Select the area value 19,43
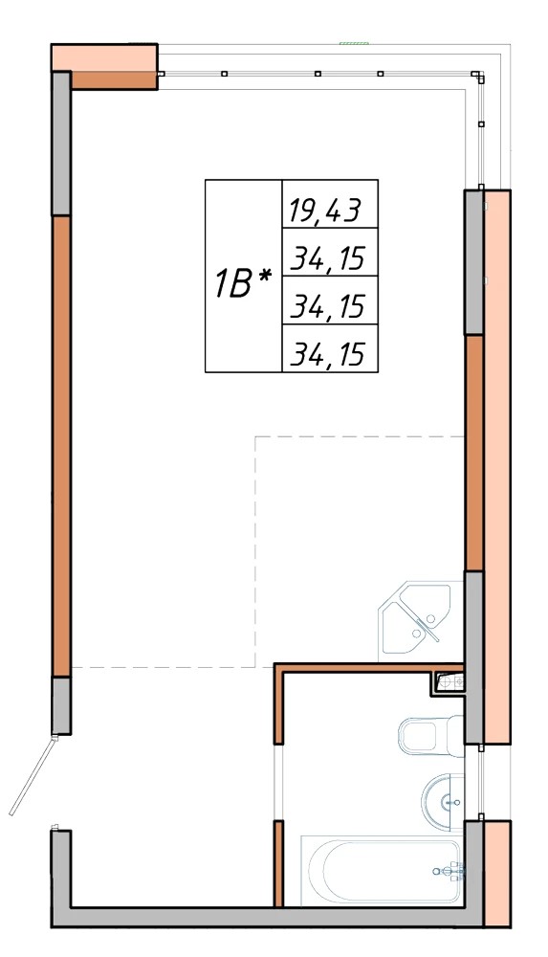(325, 211)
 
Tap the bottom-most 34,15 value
(328, 354)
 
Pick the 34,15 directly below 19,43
(328, 258)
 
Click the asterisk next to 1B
(264, 277)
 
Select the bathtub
(383, 870)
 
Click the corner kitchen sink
(417, 618)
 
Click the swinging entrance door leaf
(33, 776)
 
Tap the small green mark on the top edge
(355, 43)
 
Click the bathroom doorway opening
(279, 783)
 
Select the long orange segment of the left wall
(61, 446)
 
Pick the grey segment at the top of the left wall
(61, 144)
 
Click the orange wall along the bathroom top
(368, 668)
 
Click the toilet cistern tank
(455, 735)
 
